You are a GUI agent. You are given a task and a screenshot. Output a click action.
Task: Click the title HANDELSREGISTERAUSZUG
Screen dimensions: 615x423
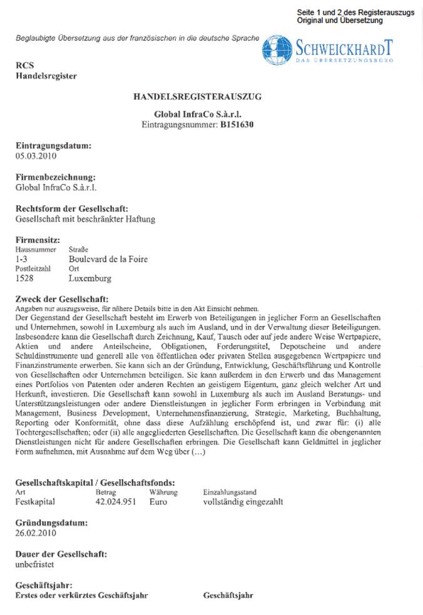[x=197, y=97]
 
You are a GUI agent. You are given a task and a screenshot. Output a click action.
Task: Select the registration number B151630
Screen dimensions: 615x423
[x=237, y=125]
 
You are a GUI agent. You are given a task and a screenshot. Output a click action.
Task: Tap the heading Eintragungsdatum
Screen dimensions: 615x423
[x=53, y=146]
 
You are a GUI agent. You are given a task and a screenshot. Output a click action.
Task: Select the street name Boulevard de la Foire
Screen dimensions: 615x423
[x=108, y=259]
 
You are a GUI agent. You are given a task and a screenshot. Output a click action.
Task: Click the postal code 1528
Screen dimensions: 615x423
[x=24, y=278]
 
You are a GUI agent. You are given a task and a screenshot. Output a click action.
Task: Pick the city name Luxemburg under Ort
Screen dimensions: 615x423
[x=89, y=278]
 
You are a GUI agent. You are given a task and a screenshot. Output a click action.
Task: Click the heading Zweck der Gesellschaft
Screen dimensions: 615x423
[x=61, y=298]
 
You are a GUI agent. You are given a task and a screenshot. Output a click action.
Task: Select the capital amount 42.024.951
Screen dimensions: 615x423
[x=116, y=501]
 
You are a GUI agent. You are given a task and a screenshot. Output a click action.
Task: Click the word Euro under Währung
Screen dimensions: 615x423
[x=158, y=501]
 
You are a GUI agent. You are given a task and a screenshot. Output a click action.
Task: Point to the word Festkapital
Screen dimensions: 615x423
[x=35, y=501]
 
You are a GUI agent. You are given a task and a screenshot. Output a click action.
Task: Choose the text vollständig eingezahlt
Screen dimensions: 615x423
[x=243, y=501]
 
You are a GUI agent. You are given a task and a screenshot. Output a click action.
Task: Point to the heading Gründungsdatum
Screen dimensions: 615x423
[x=51, y=522]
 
